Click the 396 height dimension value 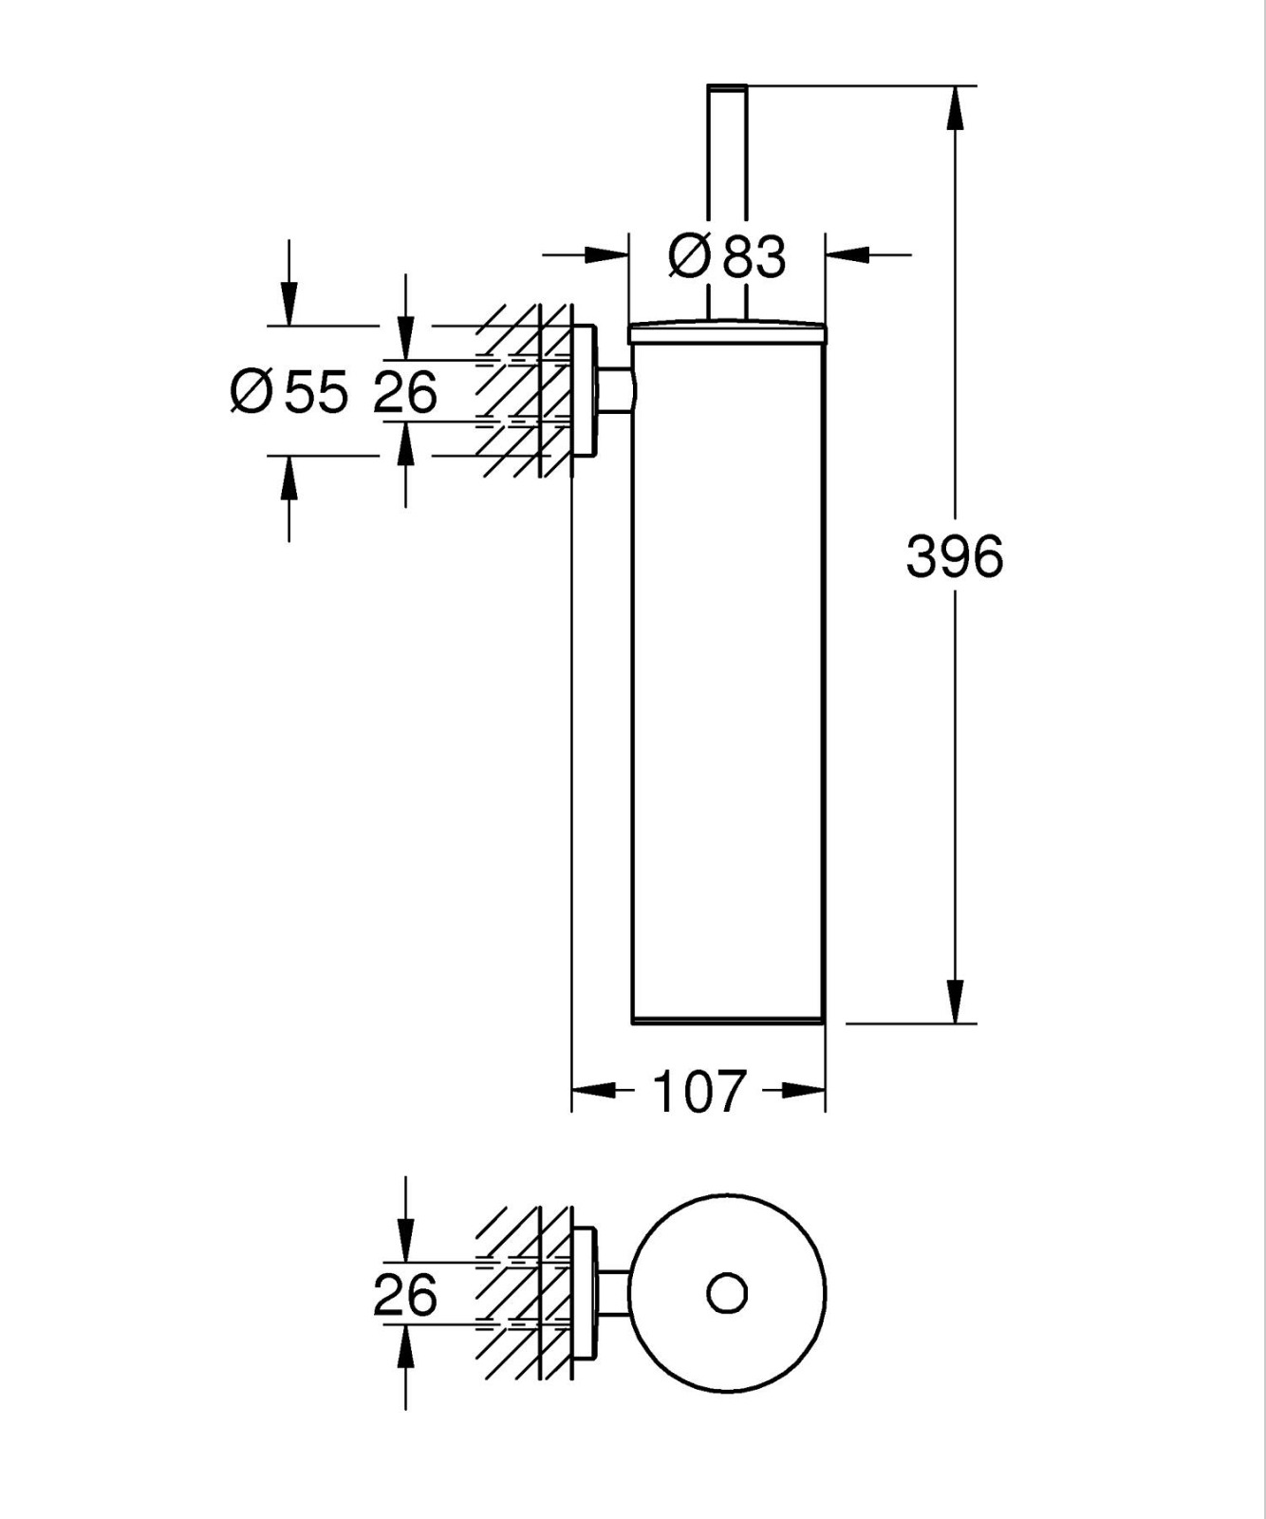(x=954, y=557)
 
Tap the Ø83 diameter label (x=728, y=256)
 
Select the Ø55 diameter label (x=289, y=391)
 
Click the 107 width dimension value (x=699, y=1092)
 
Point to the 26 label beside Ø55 (x=405, y=391)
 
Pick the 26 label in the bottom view (x=405, y=1294)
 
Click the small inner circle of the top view (x=727, y=1293)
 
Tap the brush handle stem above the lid (x=727, y=190)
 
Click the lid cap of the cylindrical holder (x=727, y=332)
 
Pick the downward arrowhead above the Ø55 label (x=289, y=304)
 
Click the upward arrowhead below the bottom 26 (x=405, y=1346)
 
